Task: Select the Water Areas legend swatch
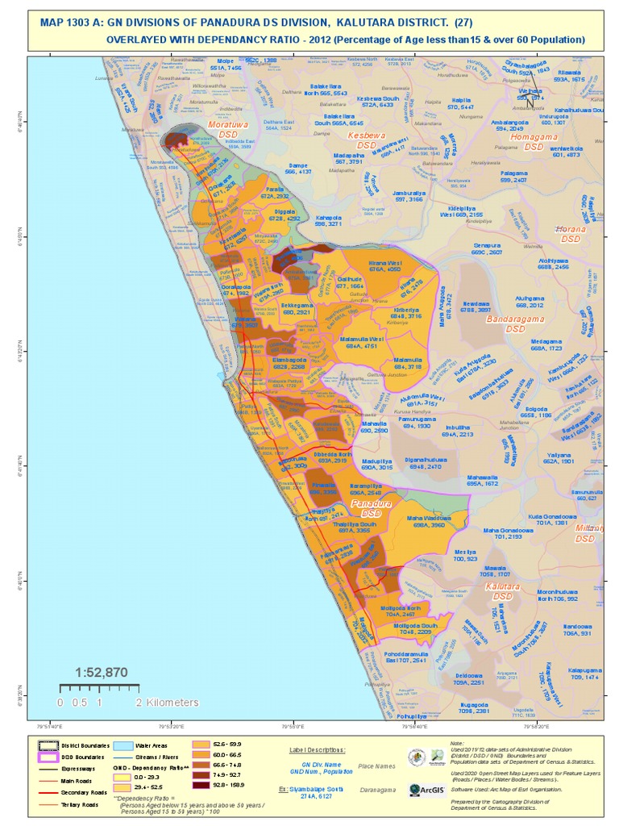125,745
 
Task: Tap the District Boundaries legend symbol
49,745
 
